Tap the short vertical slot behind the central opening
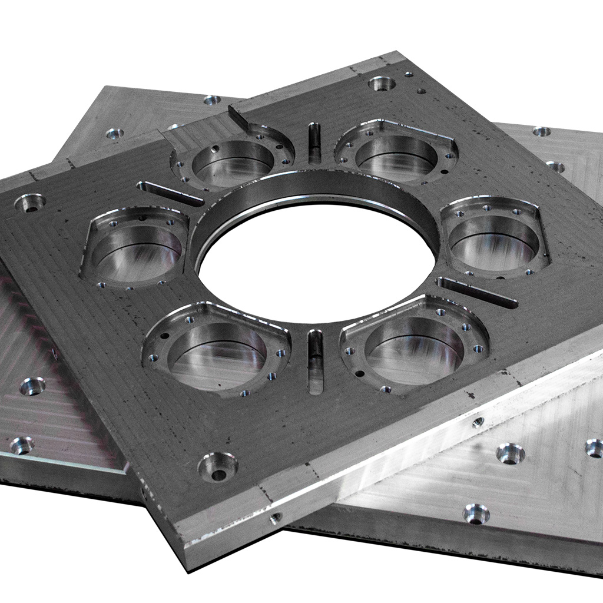click(x=314, y=143)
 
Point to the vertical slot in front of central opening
click(x=316, y=360)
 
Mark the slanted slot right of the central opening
click(x=477, y=293)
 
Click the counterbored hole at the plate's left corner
click(x=30, y=203)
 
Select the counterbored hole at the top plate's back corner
click(x=382, y=83)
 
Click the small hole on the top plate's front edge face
click(x=275, y=518)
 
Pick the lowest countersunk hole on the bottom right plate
click(x=476, y=513)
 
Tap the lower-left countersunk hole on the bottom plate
click(x=21, y=445)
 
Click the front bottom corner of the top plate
click(x=187, y=565)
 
